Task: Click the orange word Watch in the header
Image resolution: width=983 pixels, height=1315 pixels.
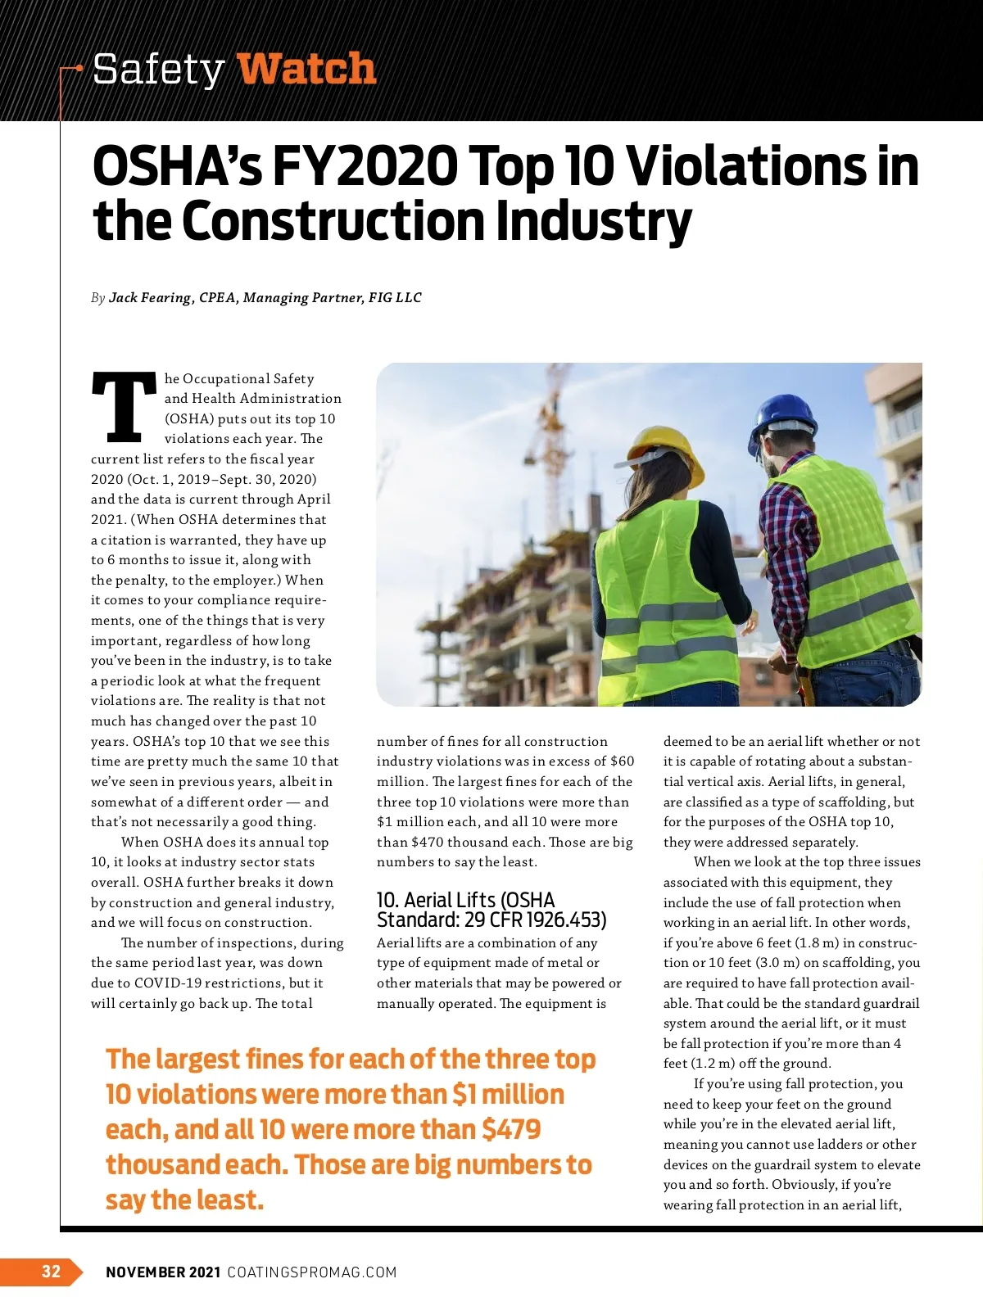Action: click(x=306, y=69)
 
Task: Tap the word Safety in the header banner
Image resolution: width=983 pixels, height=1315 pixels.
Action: click(x=158, y=69)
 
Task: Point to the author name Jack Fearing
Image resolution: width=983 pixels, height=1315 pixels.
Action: click(x=150, y=298)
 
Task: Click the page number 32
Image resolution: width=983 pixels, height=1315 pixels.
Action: click(x=51, y=1271)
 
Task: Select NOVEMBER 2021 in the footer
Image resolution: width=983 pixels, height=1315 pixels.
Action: click(x=163, y=1272)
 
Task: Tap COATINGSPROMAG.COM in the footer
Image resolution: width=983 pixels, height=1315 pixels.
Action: click(x=312, y=1272)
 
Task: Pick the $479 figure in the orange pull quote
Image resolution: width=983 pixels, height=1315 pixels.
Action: click(x=511, y=1129)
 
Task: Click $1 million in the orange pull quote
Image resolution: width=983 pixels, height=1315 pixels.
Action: click(x=508, y=1094)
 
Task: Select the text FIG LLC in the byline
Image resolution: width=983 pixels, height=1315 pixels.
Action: click(x=395, y=298)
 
